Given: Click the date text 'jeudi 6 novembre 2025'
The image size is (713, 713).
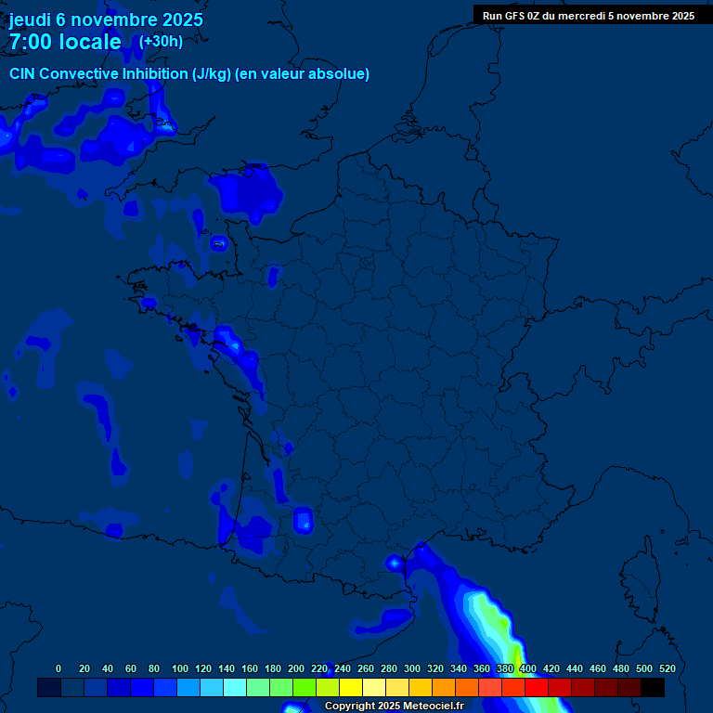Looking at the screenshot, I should (x=106, y=19).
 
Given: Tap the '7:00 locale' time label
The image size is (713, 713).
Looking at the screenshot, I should (x=65, y=42).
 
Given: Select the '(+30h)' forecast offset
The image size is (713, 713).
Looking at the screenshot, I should (x=161, y=41).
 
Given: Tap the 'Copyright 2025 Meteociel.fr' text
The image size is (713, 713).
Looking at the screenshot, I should (x=394, y=707).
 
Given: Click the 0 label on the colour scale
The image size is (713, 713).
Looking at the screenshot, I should (x=58, y=668).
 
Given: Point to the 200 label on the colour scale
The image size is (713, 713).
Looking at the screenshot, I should (x=296, y=668).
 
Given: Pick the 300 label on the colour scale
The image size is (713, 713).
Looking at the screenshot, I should (x=412, y=668).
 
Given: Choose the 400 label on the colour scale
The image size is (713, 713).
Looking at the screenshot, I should (x=528, y=668).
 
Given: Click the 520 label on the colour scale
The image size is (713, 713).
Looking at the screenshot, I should (x=667, y=668).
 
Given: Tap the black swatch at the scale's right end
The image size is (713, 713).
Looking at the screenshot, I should (x=653, y=687).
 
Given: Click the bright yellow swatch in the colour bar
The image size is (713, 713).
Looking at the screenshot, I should (x=350, y=687).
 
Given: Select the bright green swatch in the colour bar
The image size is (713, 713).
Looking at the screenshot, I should (x=304, y=687).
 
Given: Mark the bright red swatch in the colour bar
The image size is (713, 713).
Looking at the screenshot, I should (x=537, y=687).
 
